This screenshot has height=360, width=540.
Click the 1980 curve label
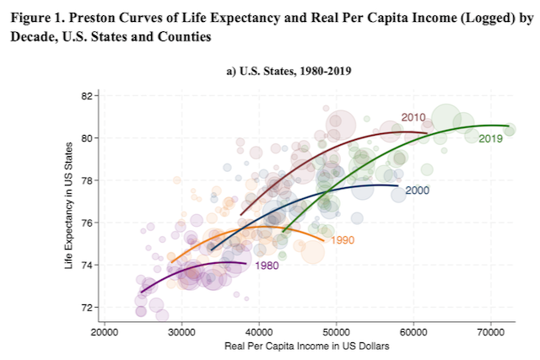pyautogui.click(x=267, y=266)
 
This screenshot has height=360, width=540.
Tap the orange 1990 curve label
pyautogui.click(x=343, y=240)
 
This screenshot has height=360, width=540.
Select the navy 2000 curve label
pyautogui.click(x=417, y=191)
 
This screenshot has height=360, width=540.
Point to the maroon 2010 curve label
pyautogui.click(x=413, y=117)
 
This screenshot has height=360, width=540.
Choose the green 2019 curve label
pyautogui.click(x=490, y=139)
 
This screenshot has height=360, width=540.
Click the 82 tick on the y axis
pyautogui.click(x=87, y=95)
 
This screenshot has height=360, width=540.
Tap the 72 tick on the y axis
pyautogui.click(x=87, y=308)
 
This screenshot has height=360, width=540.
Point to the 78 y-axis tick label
pyautogui.click(x=87, y=180)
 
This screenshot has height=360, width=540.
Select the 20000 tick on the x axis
pyautogui.click(x=105, y=332)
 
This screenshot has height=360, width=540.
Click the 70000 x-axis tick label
pyautogui.click(x=491, y=332)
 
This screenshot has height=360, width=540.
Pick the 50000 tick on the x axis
pyautogui.click(x=336, y=332)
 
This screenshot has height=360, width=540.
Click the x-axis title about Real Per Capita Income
pyautogui.click(x=307, y=346)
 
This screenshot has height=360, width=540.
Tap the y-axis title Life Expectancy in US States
pyautogui.click(x=69, y=206)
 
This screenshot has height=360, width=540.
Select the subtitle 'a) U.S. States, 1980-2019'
pyautogui.click(x=289, y=71)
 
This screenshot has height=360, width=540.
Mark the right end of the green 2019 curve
pyautogui.click(x=509, y=126)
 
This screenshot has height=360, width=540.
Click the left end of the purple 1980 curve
pyautogui.click(x=141, y=293)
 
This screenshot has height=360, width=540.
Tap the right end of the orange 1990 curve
pyautogui.click(x=324, y=240)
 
